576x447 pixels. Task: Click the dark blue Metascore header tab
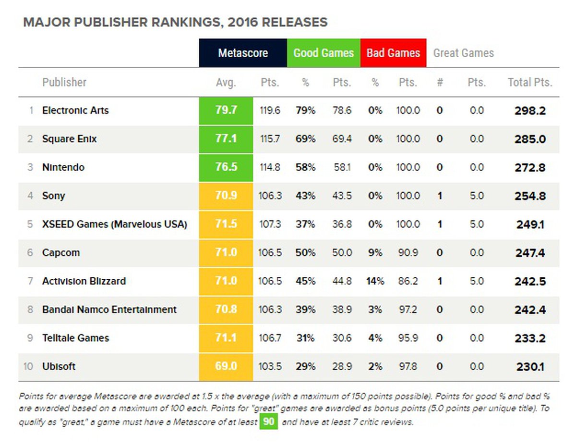click(243, 53)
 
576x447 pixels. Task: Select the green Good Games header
click(324, 53)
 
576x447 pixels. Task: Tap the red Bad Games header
click(393, 53)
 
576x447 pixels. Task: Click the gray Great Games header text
click(463, 53)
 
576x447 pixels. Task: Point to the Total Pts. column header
click(530, 82)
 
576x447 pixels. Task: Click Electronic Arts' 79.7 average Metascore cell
click(226, 111)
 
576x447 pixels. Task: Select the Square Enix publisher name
click(69, 139)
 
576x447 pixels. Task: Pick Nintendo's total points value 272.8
click(530, 168)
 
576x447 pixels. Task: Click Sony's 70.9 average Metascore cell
click(226, 196)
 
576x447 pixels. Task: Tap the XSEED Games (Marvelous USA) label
click(114, 224)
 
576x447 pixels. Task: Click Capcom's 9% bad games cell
click(375, 253)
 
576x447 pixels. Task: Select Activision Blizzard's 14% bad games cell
click(375, 281)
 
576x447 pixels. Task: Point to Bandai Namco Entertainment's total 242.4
click(530, 310)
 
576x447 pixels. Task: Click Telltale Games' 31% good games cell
click(305, 338)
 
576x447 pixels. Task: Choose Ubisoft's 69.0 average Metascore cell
click(226, 367)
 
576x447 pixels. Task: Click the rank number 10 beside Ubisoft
click(28, 367)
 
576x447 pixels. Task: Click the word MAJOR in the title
click(42, 22)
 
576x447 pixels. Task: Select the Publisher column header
click(64, 82)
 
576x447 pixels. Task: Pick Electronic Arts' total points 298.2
click(530, 111)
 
